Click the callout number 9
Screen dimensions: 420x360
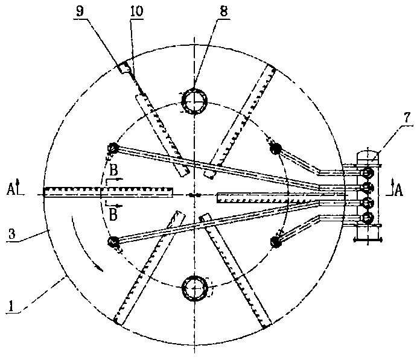(x=80, y=11)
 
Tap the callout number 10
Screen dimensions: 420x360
(x=136, y=11)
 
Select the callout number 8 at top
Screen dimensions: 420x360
(x=224, y=11)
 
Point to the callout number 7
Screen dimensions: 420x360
(x=407, y=118)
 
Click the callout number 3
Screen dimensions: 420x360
(x=12, y=233)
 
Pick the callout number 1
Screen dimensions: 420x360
(x=11, y=306)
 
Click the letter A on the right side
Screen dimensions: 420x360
(x=399, y=191)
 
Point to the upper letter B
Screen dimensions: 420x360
(x=113, y=171)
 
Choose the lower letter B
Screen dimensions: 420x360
(x=113, y=215)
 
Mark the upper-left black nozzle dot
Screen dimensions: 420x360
(x=113, y=148)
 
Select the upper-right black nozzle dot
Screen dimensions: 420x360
(x=276, y=148)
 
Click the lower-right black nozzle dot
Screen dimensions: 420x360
(x=276, y=241)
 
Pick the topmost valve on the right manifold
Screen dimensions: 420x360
(x=368, y=172)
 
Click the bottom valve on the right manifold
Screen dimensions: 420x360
(x=368, y=218)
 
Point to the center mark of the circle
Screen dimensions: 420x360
(x=195, y=195)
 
